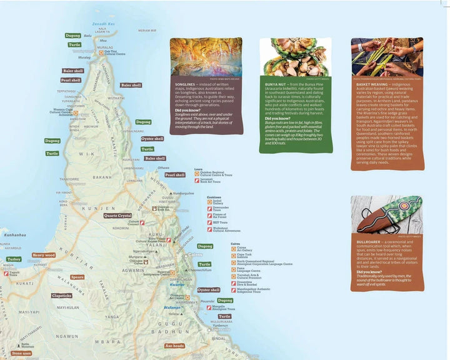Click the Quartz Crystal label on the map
(117, 215)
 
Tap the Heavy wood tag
(44, 255)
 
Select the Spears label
(77, 276)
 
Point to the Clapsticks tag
(61, 295)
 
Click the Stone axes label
(21, 353)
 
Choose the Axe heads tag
(174, 345)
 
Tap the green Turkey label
(14, 259)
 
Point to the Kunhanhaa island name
(14, 234)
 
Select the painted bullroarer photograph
(386, 215)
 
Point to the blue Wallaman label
(172, 308)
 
